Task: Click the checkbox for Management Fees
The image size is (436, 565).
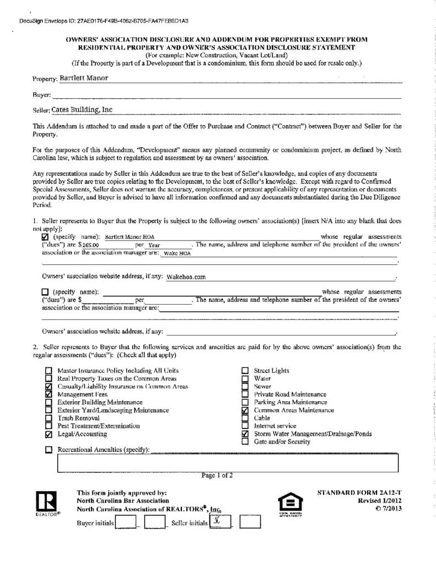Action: tap(49, 395)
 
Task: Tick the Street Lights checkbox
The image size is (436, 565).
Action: tap(245, 371)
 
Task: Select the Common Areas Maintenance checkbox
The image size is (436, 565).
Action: tap(245, 411)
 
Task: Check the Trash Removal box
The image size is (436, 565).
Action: tap(49, 418)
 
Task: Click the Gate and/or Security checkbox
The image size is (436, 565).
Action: tap(245, 442)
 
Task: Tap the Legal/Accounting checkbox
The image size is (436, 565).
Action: tap(49, 434)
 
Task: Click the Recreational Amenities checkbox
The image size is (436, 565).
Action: tap(49, 450)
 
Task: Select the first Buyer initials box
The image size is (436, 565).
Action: tap(126, 522)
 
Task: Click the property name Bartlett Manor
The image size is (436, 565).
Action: tap(84, 78)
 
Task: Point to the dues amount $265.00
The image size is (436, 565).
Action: tap(88, 244)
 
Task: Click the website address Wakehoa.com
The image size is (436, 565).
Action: tap(186, 277)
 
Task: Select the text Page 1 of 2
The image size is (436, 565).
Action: tap(217, 475)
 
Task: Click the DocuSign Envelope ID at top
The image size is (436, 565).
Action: tap(104, 21)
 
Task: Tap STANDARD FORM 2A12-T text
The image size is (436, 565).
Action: tap(360, 492)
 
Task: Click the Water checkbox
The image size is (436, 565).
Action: tap(245, 379)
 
